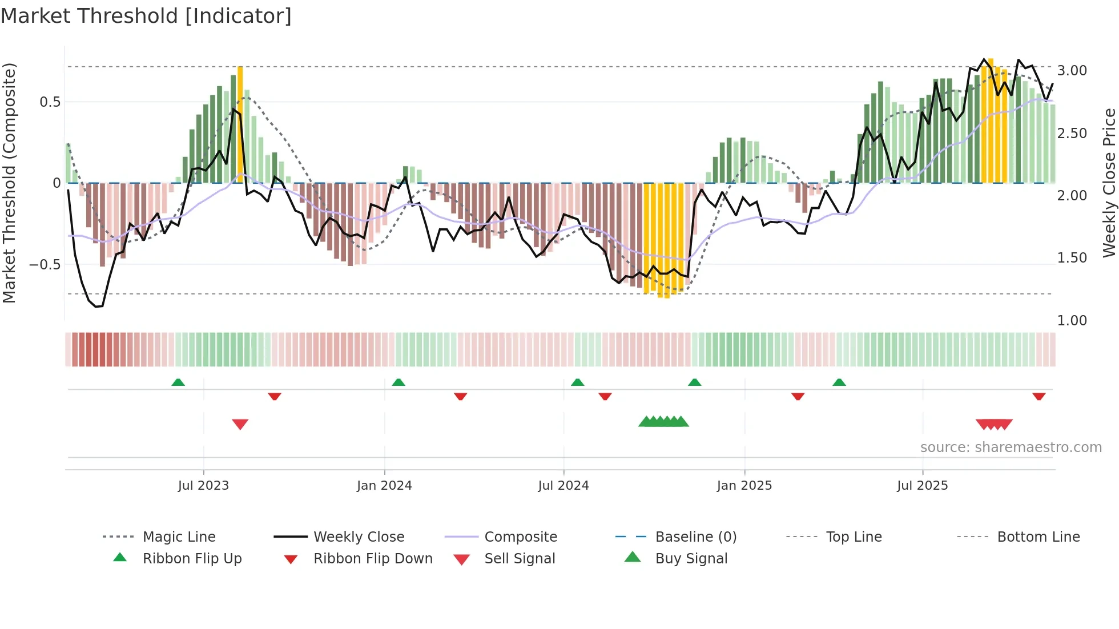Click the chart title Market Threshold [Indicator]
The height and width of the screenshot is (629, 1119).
click(x=146, y=16)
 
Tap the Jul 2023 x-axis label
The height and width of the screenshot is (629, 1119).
click(x=203, y=486)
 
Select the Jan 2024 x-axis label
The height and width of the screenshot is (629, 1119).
click(x=384, y=486)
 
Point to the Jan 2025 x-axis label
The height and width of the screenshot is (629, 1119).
click(x=744, y=486)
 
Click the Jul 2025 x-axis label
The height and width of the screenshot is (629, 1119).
click(x=922, y=486)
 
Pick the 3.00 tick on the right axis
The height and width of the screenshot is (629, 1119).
click(x=1072, y=71)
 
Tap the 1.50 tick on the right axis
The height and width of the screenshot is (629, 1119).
click(x=1072, y=258)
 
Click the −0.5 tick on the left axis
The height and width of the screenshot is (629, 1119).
click(x=45, y=265)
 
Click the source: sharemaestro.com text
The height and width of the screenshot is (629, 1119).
click(x=1011, y=447)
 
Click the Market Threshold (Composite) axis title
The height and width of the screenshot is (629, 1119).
click(x=9, y=183)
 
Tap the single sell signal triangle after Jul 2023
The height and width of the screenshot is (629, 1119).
click(x=240, y=424)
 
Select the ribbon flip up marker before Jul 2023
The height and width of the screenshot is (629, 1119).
click(x=178, y=382)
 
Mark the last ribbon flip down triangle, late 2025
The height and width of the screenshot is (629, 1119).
click(x=1039, y=396)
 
